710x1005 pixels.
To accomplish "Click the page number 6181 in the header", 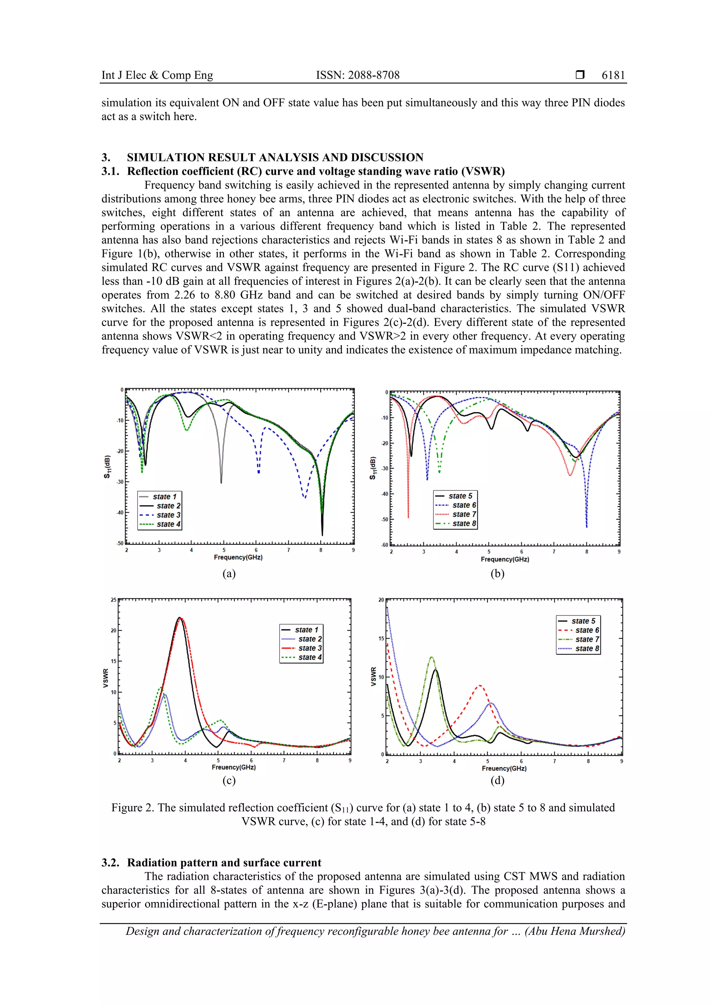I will (613, 75).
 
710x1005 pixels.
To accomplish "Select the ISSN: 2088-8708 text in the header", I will (357, 75).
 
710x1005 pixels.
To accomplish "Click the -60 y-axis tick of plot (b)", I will (384, 545).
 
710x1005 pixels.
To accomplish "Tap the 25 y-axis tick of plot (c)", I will (114, 600).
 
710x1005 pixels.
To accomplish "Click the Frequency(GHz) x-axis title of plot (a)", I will (238, 557).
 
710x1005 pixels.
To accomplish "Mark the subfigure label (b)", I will (497, 573).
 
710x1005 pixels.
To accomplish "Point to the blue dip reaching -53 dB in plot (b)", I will (587, 526).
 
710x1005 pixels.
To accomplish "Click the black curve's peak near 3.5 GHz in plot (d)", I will (435, 670).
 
